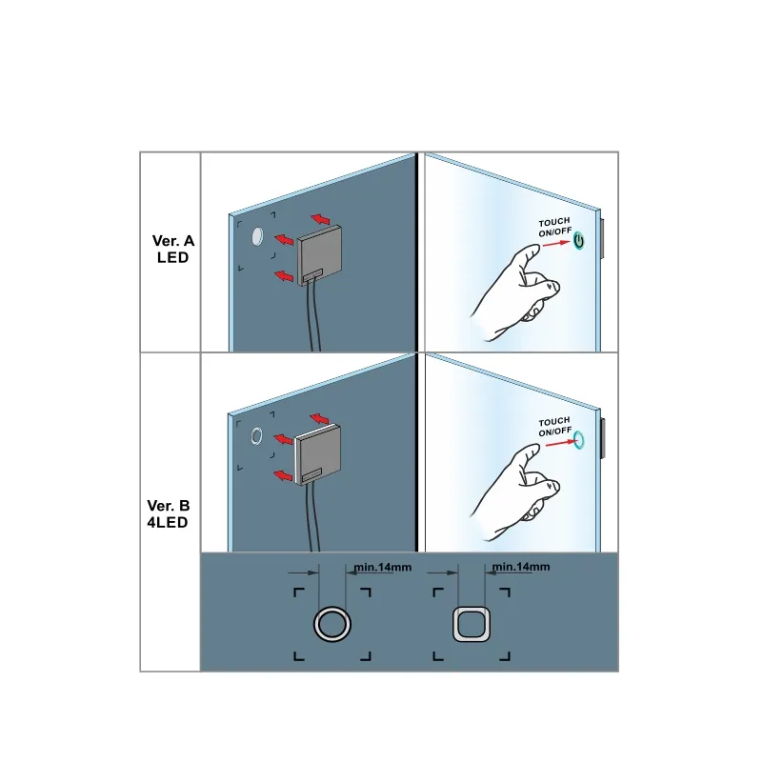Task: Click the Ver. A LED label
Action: click(172, 249)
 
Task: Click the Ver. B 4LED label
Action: click(168, 513)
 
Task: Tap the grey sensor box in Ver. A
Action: click(319, 255)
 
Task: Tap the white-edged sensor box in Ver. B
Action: click(317, 454)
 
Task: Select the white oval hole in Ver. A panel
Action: click(257, 236)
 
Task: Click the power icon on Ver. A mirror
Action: click(578, 241)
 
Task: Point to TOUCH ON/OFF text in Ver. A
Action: click(554, 228)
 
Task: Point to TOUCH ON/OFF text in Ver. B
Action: click(554, 427)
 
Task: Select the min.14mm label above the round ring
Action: click(383, 568)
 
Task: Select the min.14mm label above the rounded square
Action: click(521, 567)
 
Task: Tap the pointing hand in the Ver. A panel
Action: click(515, 292)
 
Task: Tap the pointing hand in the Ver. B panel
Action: click(515, 492)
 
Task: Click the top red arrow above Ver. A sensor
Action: click(321, 219)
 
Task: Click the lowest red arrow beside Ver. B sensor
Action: click(284, 475)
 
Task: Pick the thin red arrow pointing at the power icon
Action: click(556, 243)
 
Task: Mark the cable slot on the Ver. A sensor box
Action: click(312, 275)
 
